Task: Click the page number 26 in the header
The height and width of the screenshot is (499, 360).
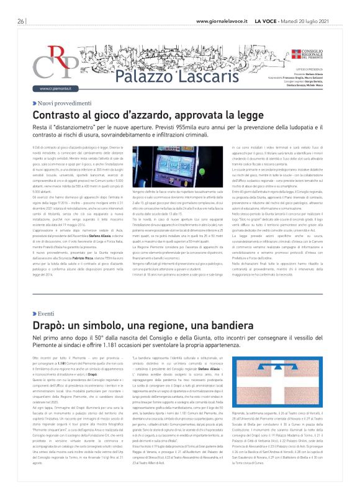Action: [20, 20]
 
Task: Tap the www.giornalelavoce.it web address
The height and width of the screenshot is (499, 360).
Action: [222, 20]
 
